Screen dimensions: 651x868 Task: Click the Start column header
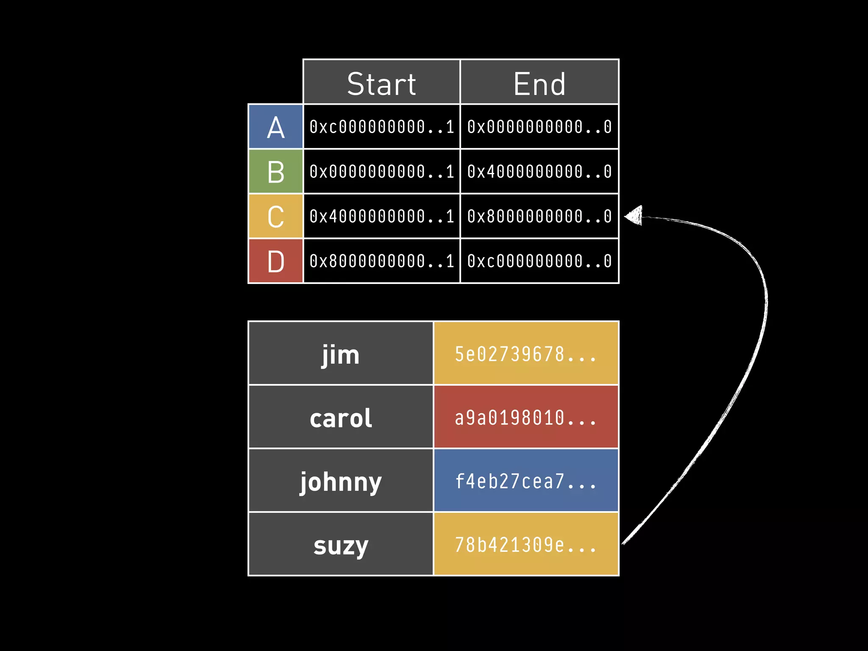click(381, 83)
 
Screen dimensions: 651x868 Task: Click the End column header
click(539, 83)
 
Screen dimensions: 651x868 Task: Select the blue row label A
click(275, 127)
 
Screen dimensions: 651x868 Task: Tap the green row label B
click(275, 172)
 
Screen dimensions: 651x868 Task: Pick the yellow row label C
click(275, 217)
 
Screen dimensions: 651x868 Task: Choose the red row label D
click(275, 261)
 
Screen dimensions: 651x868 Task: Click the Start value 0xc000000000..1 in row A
click(381, 127)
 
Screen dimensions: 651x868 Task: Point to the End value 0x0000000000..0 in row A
click(539, 127)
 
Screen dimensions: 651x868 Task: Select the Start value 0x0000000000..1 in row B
click(381, 172)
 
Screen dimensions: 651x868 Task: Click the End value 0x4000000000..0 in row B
click(539, 172)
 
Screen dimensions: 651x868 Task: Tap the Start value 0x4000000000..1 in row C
click(381, 217)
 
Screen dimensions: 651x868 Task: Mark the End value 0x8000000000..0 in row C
click(539, 217)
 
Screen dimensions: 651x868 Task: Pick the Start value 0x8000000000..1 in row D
click(381, 261)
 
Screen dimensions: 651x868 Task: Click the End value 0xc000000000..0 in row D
click(539, 261)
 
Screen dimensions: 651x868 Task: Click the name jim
click(341, 354)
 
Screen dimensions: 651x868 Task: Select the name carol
click(341, 418)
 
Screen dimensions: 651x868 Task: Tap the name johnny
click(341, 481)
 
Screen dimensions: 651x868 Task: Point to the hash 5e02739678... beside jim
click(526, 354)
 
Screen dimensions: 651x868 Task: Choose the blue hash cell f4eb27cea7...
click(526, 481)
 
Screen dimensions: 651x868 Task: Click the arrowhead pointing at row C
click(634, 216)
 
